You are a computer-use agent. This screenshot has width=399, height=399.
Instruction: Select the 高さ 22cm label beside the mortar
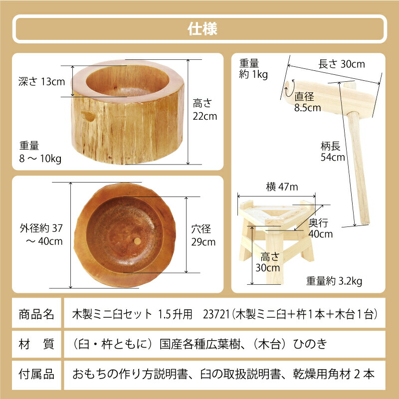(x=204, y=110)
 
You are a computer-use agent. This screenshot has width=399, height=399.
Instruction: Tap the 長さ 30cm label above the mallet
(x=342, y=64)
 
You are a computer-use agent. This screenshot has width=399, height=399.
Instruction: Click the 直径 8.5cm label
(x=308, y=102)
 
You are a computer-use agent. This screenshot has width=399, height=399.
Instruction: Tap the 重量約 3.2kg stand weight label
(x=334, y=281)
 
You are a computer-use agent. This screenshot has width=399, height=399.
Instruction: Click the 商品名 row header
(x=36, y=314)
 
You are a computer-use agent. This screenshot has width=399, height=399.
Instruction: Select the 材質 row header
(x=36, y=344)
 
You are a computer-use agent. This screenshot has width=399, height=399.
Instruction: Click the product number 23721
(x=216, y=314)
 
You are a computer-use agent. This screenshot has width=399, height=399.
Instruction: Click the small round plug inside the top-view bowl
(x=135, y=241)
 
